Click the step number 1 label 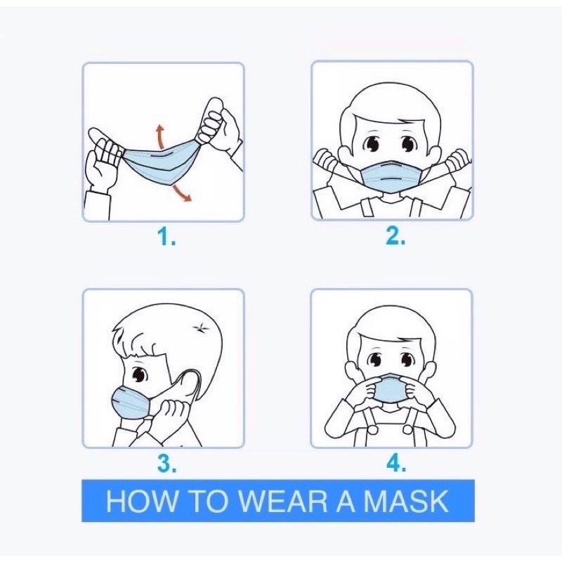click(166, 237)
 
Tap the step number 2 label click(396, 236)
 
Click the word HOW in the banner click(142, 501)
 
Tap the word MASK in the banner click(405, 501)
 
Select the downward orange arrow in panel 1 click(181, 192)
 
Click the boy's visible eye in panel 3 click(139, 374)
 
